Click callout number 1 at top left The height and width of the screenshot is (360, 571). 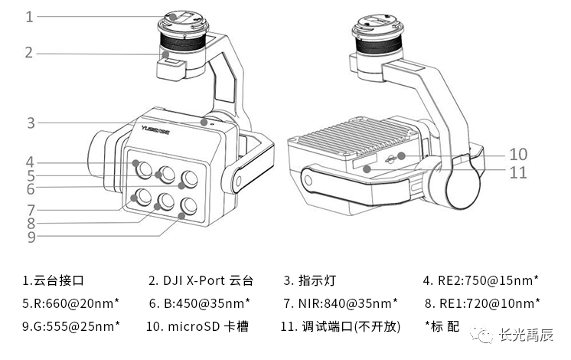click(29, 16)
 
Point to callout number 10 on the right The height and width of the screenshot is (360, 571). click(518, 154)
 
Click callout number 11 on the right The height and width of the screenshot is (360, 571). click(518, 172)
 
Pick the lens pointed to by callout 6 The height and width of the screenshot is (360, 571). click(188, 178)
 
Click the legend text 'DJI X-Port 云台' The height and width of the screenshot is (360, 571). click(201, 280)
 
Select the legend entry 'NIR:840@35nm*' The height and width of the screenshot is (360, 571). click(340, 303)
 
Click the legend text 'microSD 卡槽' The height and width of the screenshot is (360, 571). click(200, 326)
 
